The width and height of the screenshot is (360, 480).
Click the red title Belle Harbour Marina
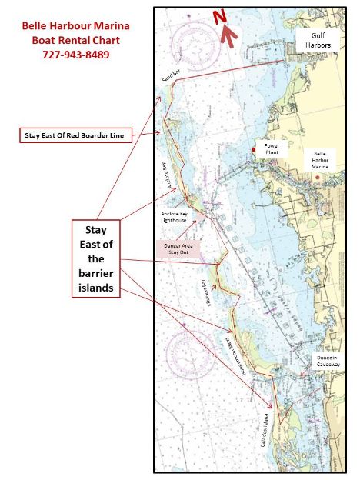coord(75,25)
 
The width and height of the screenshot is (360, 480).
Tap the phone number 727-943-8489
coord(75,55)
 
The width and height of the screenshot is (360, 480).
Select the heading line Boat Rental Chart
coord(75,40)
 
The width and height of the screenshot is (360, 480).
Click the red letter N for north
coord(219,17)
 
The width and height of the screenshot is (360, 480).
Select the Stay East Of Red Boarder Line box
coord(75,136)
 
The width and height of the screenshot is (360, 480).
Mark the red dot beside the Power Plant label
coord(253,148)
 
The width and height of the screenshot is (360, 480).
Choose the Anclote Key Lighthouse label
coord(173,217)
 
